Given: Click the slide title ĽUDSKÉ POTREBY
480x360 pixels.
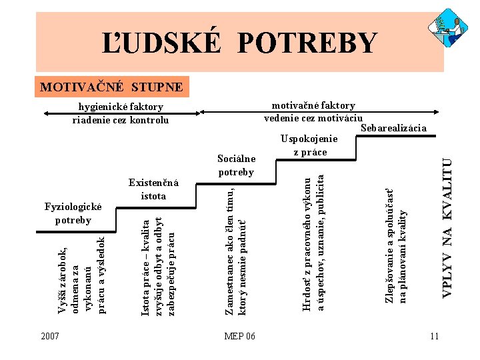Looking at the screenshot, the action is pos(239,43).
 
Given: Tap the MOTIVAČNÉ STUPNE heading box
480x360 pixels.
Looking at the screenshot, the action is pos(112,87).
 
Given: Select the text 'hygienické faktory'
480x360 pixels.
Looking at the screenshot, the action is pos(121,107).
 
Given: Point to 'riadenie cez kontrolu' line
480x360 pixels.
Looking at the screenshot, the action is pos(121,120).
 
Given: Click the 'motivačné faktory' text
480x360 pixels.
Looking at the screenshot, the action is pos(313,105).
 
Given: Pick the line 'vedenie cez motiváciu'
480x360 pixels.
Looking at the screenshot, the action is pos(313,117).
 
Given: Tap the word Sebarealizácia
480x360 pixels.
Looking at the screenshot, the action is pos(393,128).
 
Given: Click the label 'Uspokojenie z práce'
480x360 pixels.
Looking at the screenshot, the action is pos(309,146).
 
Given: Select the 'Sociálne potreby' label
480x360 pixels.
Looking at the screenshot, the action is pos(236,165).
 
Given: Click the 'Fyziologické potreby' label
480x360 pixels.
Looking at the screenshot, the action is pos(73,213).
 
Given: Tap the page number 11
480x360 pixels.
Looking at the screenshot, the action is pos(434,336).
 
